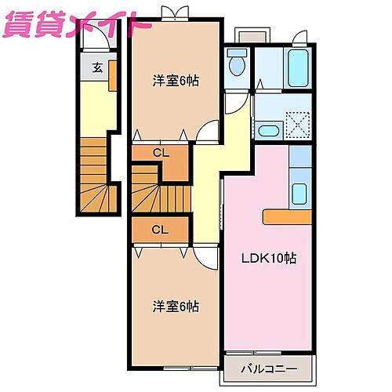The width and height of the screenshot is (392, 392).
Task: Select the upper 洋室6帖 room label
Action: click(173, 81)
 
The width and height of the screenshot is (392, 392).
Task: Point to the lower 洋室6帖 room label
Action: click(173, 306)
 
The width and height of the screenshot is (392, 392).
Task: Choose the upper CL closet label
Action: click(160, 152)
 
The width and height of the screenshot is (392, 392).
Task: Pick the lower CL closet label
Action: click(160, 230)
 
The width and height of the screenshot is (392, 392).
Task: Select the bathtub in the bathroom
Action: click(299, 67)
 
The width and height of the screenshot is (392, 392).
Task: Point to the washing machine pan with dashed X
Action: click(299, 125)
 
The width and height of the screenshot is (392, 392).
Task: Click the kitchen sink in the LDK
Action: click(299, 191)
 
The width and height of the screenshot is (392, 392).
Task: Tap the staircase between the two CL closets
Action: click(161, 192)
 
